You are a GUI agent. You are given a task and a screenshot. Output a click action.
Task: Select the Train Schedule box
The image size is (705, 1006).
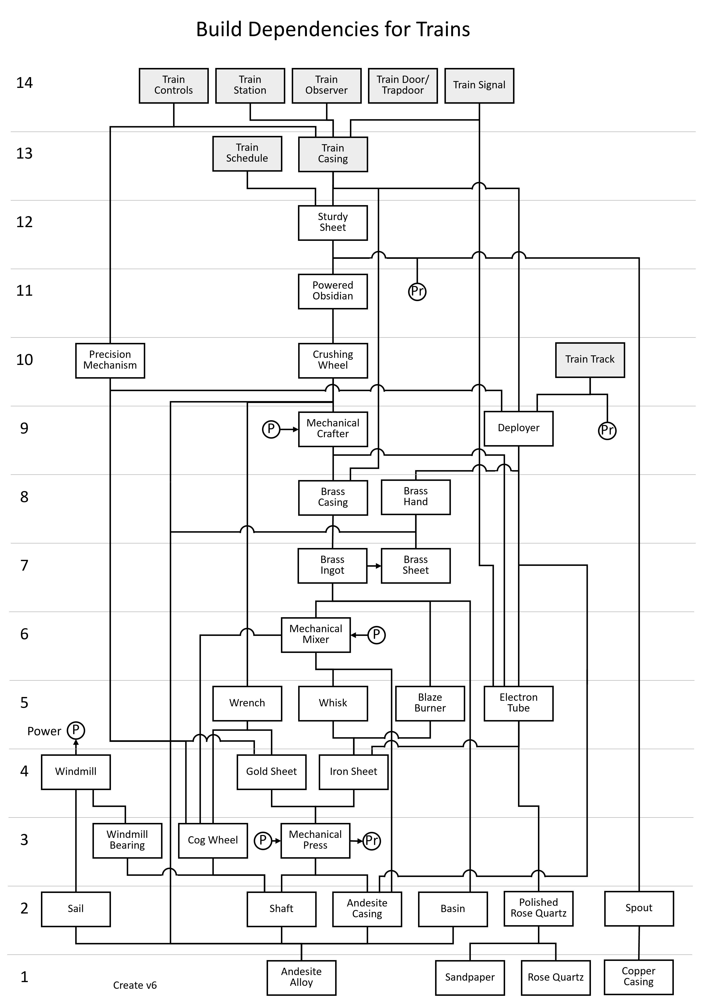[247, 153]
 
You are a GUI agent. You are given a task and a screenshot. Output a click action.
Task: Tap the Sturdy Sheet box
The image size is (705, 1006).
[333, 223]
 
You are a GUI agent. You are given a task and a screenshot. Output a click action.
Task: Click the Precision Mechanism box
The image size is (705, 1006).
[110, 360]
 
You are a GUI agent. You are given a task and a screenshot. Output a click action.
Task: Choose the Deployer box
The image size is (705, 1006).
[518, 428]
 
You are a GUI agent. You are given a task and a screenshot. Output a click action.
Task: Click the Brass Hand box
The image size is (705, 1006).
[415, 497]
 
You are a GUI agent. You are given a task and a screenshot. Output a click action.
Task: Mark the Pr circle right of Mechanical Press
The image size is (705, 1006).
[372, 840]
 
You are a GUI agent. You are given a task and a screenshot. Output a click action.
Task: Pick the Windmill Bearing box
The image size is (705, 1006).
[127, 840]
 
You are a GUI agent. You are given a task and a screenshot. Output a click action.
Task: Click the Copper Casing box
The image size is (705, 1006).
[638, 977]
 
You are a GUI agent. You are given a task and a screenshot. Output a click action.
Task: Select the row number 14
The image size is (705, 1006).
[25, 83]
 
